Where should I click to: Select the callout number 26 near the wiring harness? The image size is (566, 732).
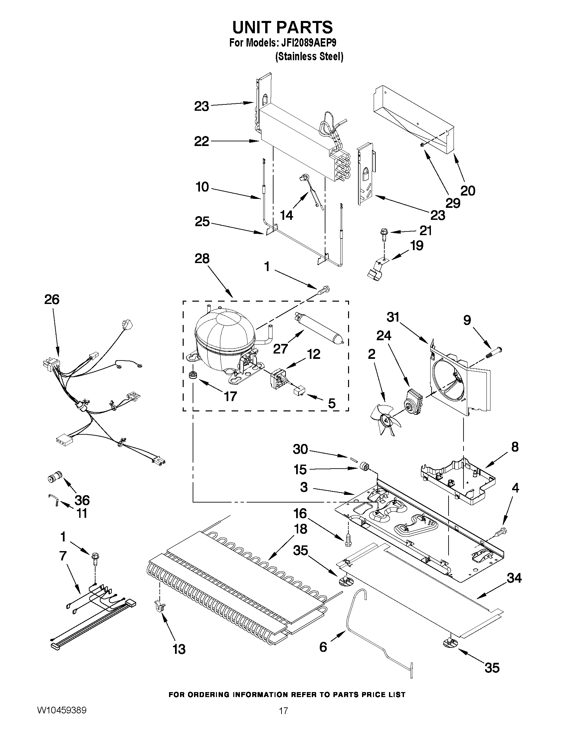tap(52, 299)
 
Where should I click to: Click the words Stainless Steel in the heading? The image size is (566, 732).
tap(309, 57)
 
